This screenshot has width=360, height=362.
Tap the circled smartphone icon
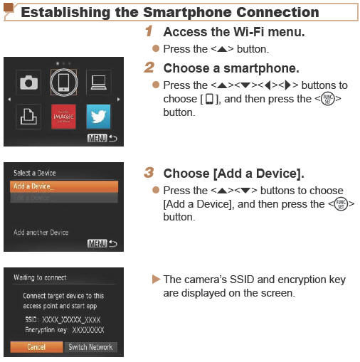[x=63, y=82]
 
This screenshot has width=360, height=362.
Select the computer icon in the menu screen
[x=97, y=82]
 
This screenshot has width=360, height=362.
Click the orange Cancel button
[x=36, y=347]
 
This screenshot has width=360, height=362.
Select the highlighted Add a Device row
[x=63, y=186]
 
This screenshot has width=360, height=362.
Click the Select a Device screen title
[x=34, y=173]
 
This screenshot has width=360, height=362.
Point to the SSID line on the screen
[x=63, y=320]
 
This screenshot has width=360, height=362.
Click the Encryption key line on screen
[x=63, y=330]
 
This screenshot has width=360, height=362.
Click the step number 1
[x=149, y=32]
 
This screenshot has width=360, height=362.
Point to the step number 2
[x=149, y=68]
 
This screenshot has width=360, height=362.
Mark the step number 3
[x=149, y=173]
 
